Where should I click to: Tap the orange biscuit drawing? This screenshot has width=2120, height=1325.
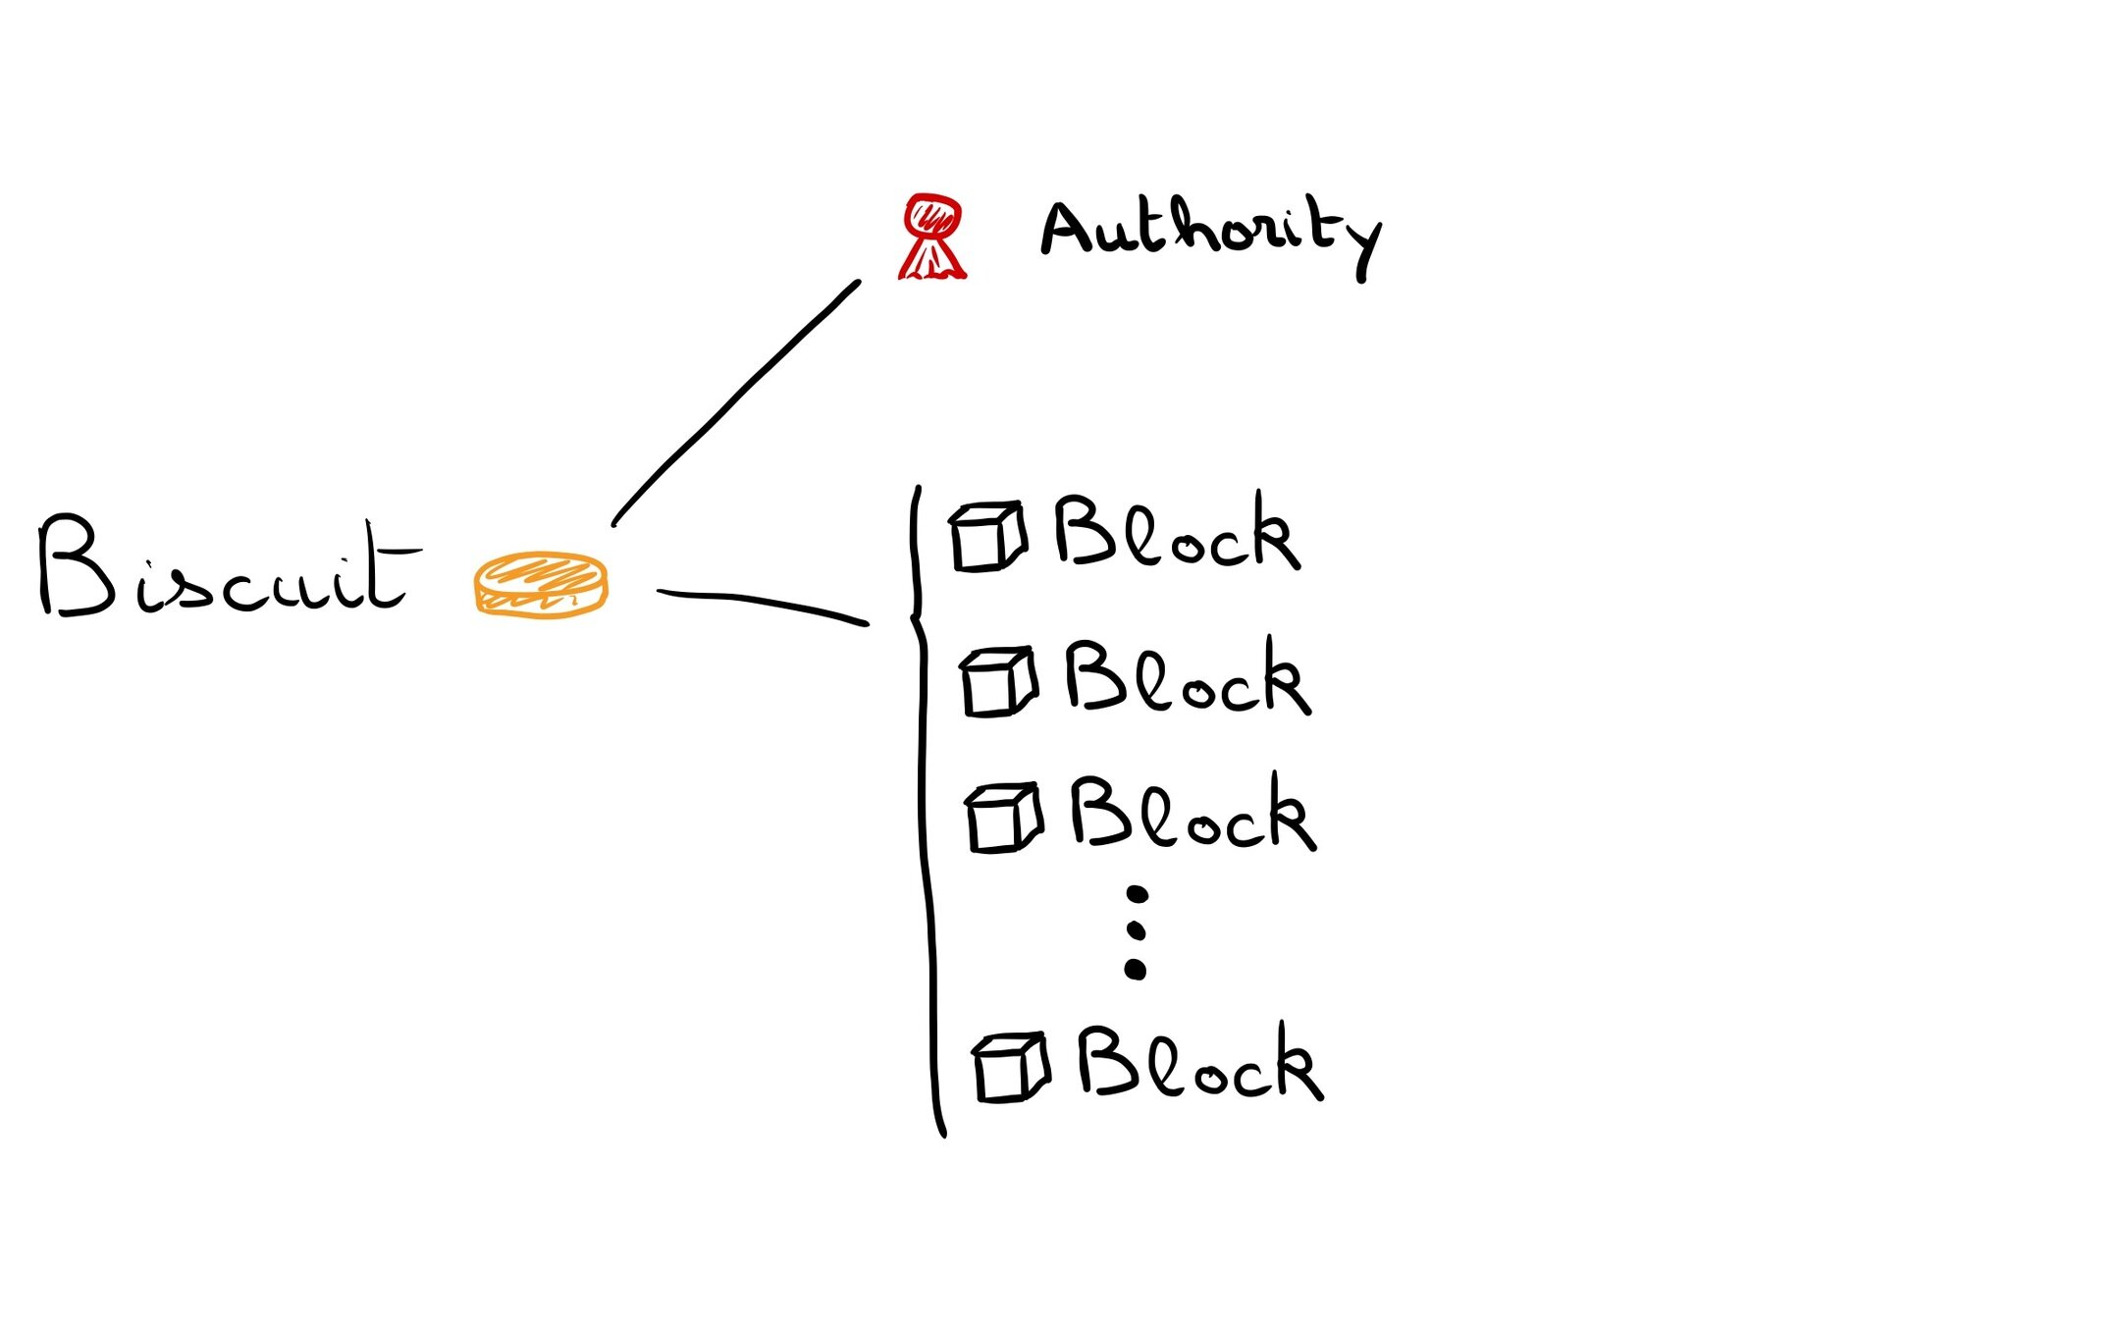click(x=541, y=585)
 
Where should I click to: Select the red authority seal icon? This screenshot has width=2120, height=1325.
click(x=932, y=237)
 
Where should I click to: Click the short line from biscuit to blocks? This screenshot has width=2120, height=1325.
click(x=762, y=603)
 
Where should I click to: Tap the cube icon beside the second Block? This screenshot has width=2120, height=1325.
click(x=998, y=681)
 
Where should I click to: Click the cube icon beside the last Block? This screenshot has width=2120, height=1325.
click(x=1010, y=1067)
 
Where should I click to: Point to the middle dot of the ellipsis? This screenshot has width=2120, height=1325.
click(x=1136, y=930)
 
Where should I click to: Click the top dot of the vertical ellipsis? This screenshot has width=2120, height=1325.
click(x=1137, y=894)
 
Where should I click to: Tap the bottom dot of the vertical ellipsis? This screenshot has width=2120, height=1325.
click(x=1135, y=970)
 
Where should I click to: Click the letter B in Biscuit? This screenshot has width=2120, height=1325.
click(x=77, y=567)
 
